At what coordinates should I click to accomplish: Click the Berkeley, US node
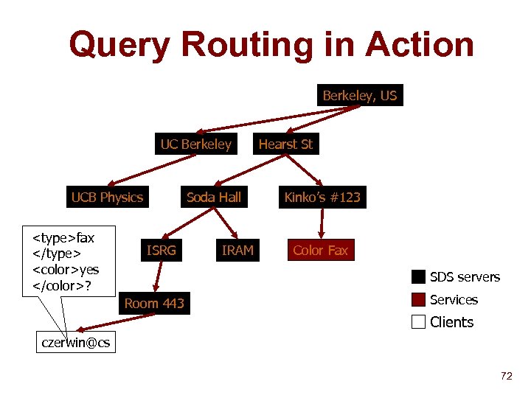pyautogui.click(x=359, y=96)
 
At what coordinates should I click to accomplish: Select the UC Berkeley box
pyautogui.click(x=195, y=144)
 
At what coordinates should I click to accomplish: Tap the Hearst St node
pyautogui.click(x=285, y=144)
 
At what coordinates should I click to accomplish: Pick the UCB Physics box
pyautogui.click(x=107, y=198)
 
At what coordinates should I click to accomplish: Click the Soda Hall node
pyautogui.click(x=213, y=198)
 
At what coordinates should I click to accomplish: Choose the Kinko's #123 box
pyautogui.click(x=322, y=198)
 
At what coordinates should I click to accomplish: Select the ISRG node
pyautogui.click(x=162, y=251)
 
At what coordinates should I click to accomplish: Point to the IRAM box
pyautogui.click(x=237, y=251)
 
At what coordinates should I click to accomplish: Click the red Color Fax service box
pyautogui.click(x=320, y=251)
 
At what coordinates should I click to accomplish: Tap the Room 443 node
pyautogui.click(x=154, y=304)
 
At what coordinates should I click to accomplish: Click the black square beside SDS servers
pyautogui.click(x=419, y=277)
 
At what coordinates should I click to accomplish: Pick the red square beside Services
pyautogui.click(x=419, y=300)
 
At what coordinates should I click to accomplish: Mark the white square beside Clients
pyautogui.click(x=419, y=322)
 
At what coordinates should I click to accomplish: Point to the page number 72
pyautogui.click(x=506, y=377)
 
